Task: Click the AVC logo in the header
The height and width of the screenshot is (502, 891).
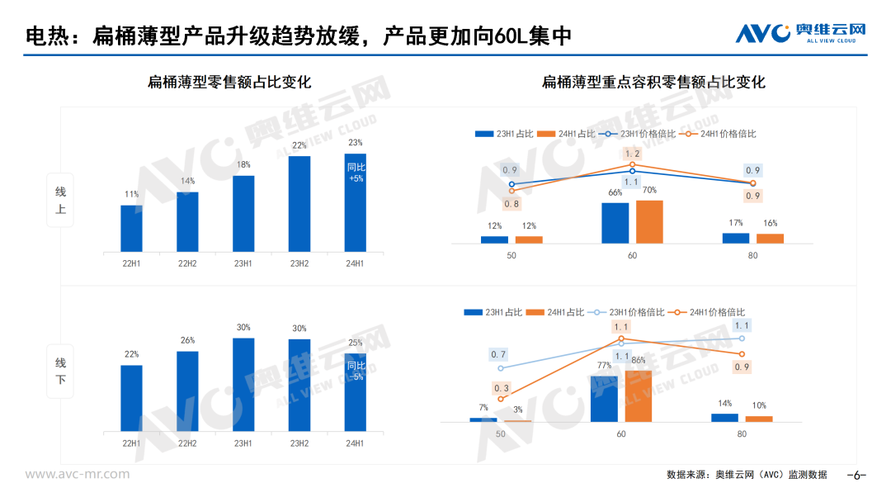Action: coord(799,33)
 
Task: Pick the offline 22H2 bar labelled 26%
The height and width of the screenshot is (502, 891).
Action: coord(187,391)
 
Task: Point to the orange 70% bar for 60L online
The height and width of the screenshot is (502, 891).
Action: coord(649,222)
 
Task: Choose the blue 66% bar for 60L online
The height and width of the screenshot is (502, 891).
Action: coord(615,223)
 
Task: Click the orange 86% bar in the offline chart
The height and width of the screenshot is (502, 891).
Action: coord(638,396)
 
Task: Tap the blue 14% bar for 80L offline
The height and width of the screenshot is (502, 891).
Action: coord(724,418)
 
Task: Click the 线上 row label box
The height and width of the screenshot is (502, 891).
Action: coord(60,201)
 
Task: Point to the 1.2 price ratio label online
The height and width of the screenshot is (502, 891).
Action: coord(632,154)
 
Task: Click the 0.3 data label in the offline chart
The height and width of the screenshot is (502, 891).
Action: coord(502,388)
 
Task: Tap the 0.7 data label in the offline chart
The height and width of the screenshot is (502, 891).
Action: coord(498,355)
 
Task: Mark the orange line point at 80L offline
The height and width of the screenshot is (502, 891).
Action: coord(742,354)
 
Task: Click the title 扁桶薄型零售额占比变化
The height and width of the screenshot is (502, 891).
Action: coord(229,83)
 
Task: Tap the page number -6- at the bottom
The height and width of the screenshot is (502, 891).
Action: coord(857,475)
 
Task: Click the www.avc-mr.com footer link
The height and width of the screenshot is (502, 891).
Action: coord(78,474)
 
